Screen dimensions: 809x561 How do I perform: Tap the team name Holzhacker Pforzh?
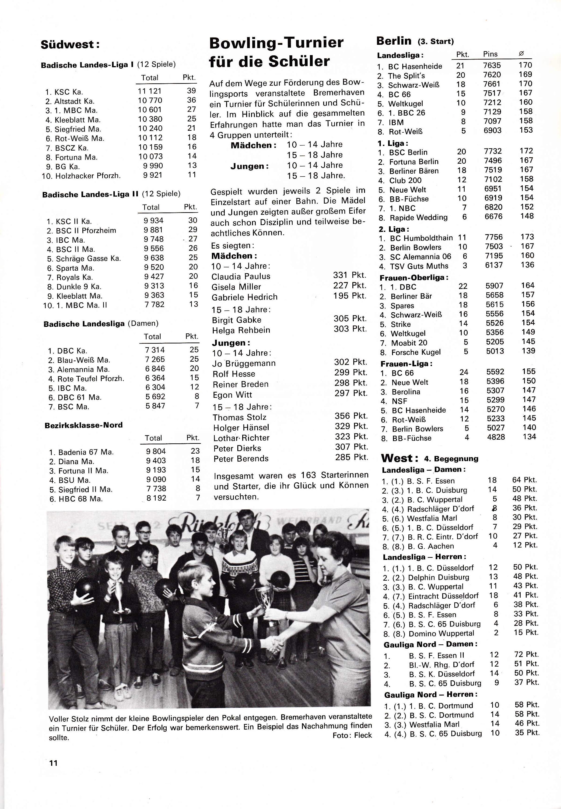[x=88, y=175]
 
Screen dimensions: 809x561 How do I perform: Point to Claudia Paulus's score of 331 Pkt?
[x=349, y=275]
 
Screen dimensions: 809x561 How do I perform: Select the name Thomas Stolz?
[x=239, y=417]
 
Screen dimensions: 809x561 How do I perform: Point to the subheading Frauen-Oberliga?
[x=414, y=277]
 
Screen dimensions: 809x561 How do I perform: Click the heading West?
[x=400, y=459]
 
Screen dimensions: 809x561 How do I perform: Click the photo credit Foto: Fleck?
[x=352, y=735]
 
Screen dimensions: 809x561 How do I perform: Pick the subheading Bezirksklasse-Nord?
[x=83, y=425]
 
